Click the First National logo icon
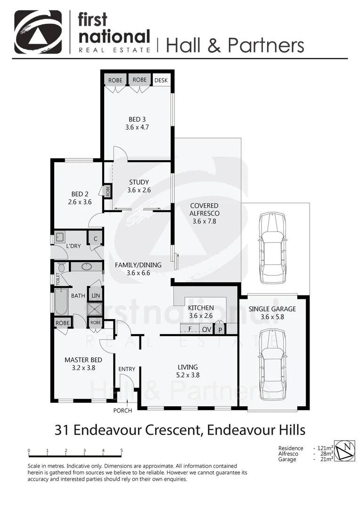click(x=38, y=32)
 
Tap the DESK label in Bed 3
click(x=161, y=80)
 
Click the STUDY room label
click(x=139, y=186)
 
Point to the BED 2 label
click(x=80, y=197)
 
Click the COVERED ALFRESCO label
click(x=204, y=213)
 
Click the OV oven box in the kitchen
click(x=206, y=329)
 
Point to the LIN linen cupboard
click(x=96, y=296)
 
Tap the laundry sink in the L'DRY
click(x=60, y=237)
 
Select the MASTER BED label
click(x=80, y=364)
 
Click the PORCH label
click(x=123, y=410)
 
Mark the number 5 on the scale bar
click(x=122, y=451)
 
